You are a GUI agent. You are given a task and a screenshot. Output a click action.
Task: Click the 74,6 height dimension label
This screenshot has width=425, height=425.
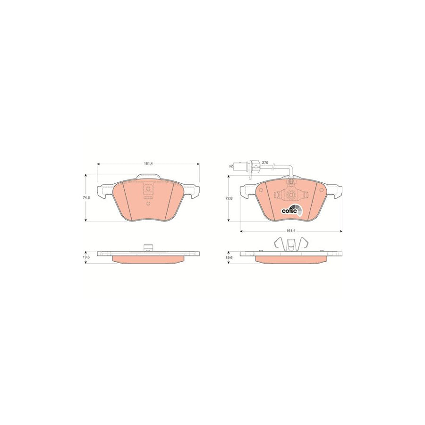[86, 197]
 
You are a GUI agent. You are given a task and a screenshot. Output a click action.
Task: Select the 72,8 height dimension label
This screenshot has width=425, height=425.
[229, 198]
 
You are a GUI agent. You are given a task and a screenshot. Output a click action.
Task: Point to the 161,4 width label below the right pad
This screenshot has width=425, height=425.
[291, 231]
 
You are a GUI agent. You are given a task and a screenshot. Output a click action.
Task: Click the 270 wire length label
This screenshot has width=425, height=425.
[265, 162]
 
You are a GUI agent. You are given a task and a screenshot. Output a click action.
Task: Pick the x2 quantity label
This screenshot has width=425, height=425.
[231, 166]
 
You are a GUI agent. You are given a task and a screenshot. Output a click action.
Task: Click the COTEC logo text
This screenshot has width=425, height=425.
[288, 211]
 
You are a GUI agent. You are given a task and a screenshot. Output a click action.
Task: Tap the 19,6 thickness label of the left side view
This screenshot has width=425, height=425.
[86, 257]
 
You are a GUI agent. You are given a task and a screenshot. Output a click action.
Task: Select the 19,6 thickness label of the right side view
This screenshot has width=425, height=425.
[229, 257]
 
